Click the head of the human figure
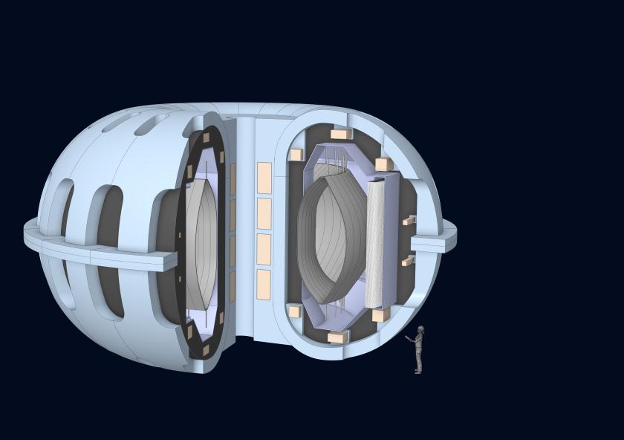(420, 329)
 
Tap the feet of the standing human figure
(418, 370)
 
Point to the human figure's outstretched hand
(407, 338)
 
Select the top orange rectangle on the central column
(264, 178)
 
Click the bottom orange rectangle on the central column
(264, 284)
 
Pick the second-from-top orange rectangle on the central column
(264, 213)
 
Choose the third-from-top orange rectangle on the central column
(264, 249)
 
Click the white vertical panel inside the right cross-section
(375, 244)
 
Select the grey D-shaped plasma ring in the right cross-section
(331, 238)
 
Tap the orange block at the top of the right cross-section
(340, 135)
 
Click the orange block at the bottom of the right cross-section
(337, 337)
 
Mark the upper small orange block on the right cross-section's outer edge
(408, 221)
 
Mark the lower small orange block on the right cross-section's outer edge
(407, 261)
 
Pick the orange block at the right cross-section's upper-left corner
(296, 155)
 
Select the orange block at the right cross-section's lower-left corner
(295, 311)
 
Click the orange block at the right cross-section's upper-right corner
(383, 164)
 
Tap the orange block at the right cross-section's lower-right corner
(380, 315)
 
